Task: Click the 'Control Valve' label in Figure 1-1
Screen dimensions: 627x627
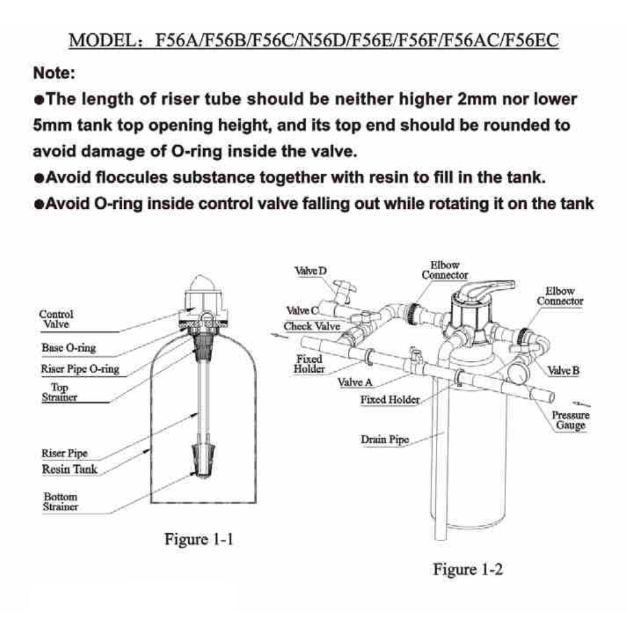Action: click(56, 319)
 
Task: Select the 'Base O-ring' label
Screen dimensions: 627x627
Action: click(68, 347)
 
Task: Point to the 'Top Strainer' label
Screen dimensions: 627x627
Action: click(60, 393)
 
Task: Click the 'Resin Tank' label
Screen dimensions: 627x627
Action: click(69, 468)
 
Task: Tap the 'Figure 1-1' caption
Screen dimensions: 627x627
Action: click(199, 539)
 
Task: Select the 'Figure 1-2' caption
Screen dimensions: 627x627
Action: click(468, 569)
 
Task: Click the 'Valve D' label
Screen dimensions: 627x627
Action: click(311, 271)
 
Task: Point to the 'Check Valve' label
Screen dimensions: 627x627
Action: click(312, 327)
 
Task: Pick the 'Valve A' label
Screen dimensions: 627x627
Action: click(355, 382)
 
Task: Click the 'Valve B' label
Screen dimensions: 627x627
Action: click(563, 371)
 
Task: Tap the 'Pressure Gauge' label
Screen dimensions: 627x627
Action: click(571, 420)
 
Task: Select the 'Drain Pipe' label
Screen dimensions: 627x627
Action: click(384, 440)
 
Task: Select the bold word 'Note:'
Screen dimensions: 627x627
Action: click(54, 73)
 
